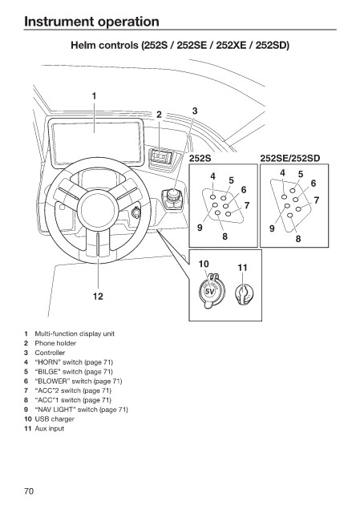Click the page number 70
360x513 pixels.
click(x=29, y=491)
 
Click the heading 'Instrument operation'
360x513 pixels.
click(x=91, y=22)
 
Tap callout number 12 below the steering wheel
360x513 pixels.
click(x=98, y=297)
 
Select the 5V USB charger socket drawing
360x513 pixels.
click(x=209, y=290)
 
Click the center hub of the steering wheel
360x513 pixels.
click(x=98, y=208)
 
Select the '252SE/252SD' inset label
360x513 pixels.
click(x=290, y=159)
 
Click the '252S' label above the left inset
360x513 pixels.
click(x=200, y=159)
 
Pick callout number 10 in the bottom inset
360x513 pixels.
click(x=204, y=264)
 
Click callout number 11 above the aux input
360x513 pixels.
click(x=242, y=268)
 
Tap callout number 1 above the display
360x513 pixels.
click(x=95, y=96)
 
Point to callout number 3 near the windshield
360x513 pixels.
click(x=195, y=111)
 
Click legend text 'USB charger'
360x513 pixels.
click(x=55, y=419)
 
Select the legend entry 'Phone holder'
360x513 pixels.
click(x=55, y=343)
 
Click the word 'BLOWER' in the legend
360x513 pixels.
click(x=52, y=382)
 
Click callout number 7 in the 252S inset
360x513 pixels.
click(x=247, y=205)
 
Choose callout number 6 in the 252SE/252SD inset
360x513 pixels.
click(x=313, y=184)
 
